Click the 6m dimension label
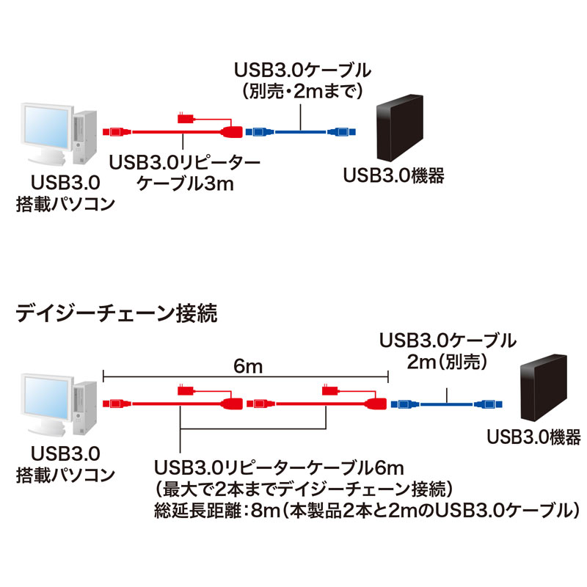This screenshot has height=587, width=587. pos(246,365)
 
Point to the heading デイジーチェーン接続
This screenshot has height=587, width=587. pos(116,316)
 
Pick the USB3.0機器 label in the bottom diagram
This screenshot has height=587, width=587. pos(534,439)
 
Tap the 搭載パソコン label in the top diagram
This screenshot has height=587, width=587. pos(65,203)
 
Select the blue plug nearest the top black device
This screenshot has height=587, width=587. pos(341,132)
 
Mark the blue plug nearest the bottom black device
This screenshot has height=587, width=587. pos(486,403)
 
